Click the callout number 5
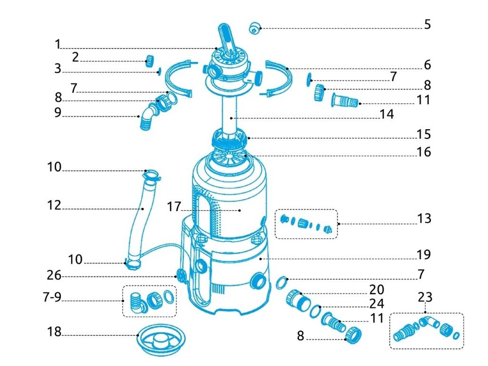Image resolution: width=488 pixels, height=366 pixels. coord(427,25)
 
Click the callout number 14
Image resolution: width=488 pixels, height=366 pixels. coord(386,114)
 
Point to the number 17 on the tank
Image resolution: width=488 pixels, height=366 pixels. coord(174,207)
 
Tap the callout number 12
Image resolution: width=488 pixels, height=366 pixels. coord(54,205)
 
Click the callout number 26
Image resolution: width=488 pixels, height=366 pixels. coord(54,275)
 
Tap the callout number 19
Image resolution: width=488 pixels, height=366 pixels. coord(424,254)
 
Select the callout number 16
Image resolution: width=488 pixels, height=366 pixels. coord(424,152)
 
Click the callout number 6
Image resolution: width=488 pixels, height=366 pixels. coord(427,64)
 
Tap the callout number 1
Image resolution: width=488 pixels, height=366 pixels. coord(57,45)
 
